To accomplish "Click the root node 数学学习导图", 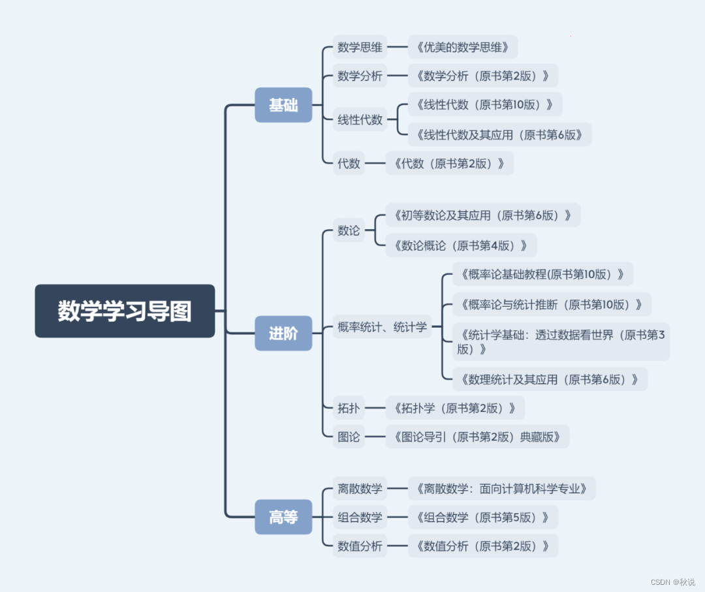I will (x=125, y=311).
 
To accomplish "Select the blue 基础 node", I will (x=283, y=105).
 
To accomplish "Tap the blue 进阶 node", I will (x=283, y=333).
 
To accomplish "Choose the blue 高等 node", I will (x=283, y=517).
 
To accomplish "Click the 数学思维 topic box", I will (x=360, y=47).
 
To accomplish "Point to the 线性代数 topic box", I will (x=360, y=119).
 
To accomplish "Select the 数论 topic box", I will (x=349, y=230).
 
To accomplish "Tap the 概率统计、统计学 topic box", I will (x=382, y=326).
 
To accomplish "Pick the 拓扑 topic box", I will (x=349, y=409).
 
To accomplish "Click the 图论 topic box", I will (x=349, y=437).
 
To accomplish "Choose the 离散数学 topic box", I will (x=360, y=488).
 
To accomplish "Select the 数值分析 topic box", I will (x=360, y=546).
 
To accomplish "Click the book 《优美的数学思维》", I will (x=462, y=47).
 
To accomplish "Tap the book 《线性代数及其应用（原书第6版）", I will (x=499, y=134).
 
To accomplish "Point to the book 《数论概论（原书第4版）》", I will (x=461, y=245).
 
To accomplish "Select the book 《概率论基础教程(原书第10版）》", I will (x=542, y=274).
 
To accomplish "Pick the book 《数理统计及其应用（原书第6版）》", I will (x=550, y=379).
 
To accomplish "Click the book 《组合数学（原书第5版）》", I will (x=482, y=517).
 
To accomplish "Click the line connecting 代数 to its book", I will (x=375, y=163).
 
